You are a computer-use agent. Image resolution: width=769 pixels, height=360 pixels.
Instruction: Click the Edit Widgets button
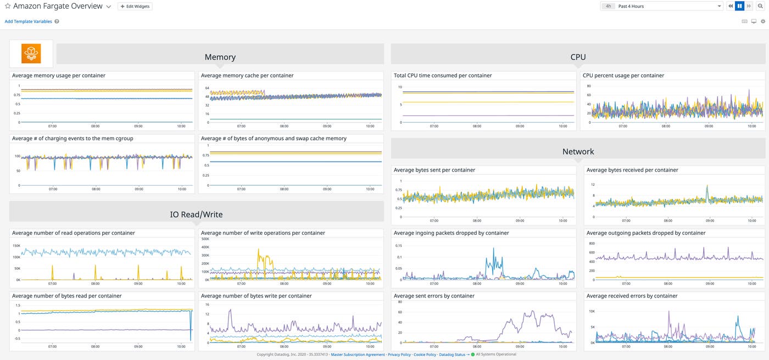[x=135, y=6]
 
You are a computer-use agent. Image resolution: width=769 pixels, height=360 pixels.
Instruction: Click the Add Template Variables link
[x=28, y=21]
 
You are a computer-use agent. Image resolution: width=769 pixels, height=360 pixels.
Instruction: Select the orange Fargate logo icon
[x=31, y=53]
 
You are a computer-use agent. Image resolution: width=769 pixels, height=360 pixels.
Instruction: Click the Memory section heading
[x=220, y=57]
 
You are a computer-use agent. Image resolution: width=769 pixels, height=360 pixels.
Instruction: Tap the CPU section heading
[x=578, y=57]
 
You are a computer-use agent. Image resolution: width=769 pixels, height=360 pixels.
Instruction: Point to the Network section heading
[x=578, y=152]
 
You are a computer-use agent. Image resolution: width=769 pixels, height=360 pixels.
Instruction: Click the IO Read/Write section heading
[x=196, y=214]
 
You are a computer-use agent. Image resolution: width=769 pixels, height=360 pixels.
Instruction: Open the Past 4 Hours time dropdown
[x=668, y=6]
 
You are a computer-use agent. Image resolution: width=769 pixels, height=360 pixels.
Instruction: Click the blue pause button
[x=739, y=6]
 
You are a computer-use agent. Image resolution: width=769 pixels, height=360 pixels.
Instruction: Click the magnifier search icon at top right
[x=760, y=6]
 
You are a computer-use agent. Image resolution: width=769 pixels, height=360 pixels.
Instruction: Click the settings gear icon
[x=762, y=21]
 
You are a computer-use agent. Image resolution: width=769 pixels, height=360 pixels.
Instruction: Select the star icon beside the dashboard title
[x=8, y=6]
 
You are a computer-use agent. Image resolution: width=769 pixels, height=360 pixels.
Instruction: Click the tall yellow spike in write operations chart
[x=259, y=251]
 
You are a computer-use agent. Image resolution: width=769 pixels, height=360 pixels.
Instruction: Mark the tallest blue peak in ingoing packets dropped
[x=494, y=248]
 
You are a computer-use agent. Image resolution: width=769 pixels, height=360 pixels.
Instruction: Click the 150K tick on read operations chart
[x=16, y=246]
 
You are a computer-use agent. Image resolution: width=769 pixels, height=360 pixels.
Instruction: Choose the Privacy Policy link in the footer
[x=399, y=355]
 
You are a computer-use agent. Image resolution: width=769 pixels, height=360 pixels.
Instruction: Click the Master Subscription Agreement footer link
[x=358, y=355]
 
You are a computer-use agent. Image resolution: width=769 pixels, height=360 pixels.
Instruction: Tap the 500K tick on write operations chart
[x=205, y=239]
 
